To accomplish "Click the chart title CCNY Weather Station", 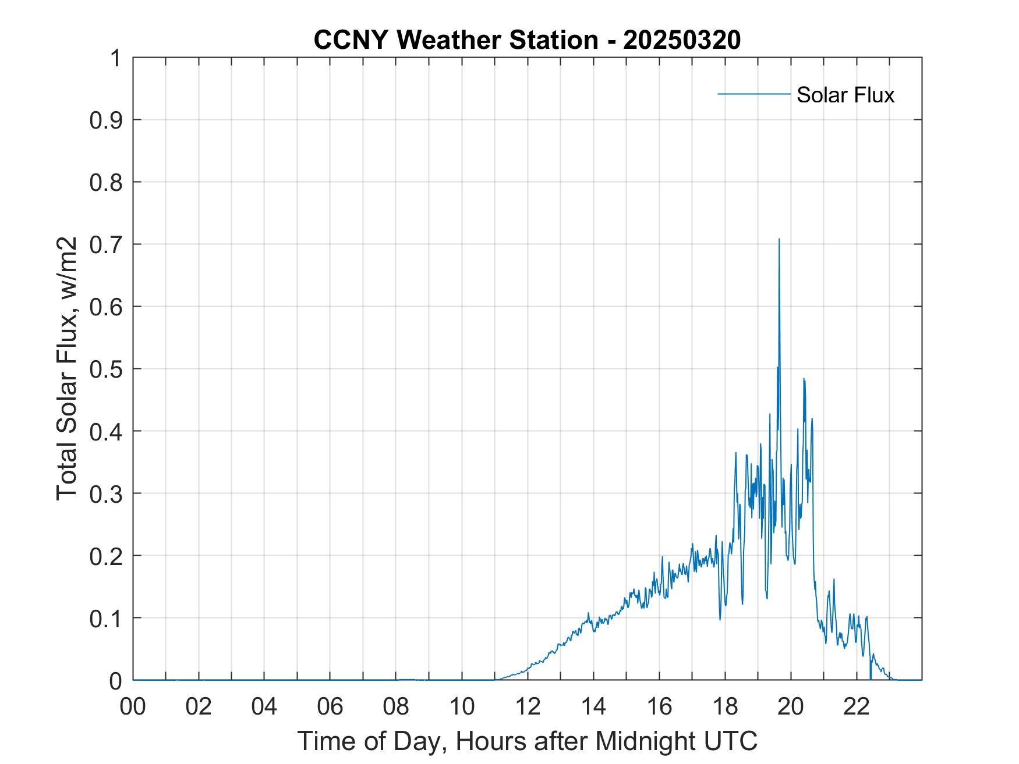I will click(x=455, y=40).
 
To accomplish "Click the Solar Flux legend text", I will click(x=845, y=95).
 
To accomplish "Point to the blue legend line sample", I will click(x=753, y=94).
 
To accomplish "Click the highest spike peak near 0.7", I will click(x=779, y=239).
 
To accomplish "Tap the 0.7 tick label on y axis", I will click(x=107, y=244).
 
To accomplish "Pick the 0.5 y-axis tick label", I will click(x=107, y=369).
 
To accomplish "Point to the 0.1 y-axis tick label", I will click(x=107, y=618).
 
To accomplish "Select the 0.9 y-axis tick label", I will click(x=107, y=120).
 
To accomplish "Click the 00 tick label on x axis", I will click(x=133, y=707).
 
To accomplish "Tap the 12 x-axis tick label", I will click(x=528, y=707).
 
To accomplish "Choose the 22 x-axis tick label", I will click(x=857, y=707).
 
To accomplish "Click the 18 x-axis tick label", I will click(x=725, y=707).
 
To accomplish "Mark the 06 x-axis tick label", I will click(x=330, y=707).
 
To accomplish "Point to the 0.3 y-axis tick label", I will click(x=107, y=493).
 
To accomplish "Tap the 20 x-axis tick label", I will click(x=791, y=707).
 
